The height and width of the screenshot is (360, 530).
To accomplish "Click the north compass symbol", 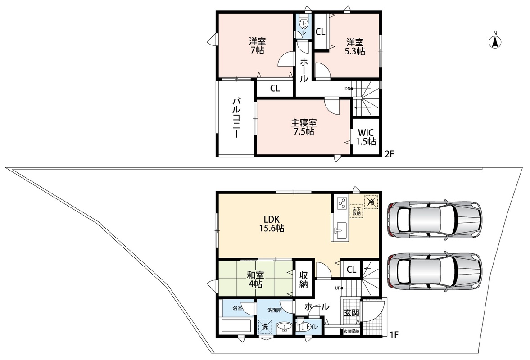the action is pyautogui.click(x=495, y=41).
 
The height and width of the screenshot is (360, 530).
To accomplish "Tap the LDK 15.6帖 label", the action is pyautogui.click(x=272, y=224).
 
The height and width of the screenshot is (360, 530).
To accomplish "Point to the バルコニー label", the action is pyautogui.click(x=236, y=117).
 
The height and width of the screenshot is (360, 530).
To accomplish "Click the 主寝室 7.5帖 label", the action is pyautogui.click(x=304, y=127).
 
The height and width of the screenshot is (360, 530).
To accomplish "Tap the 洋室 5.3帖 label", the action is pyautogui.click(x=354, y=47).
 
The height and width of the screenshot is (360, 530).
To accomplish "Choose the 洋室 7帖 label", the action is pyautogui.click(x=257, y=46).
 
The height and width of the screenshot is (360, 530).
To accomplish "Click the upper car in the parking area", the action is pyautogui.click(x=435, y=220).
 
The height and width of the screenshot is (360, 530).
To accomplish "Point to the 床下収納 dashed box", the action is pyautogui.click(x=356, y=211).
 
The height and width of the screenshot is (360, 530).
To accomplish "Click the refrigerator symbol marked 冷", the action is pyautogui.click(x=371, y=202).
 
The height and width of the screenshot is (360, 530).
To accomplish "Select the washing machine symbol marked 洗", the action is pyautogui.click(x=265, y=327).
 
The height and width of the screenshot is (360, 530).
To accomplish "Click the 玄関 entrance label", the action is pyautogui.click(x=351, y=313).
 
